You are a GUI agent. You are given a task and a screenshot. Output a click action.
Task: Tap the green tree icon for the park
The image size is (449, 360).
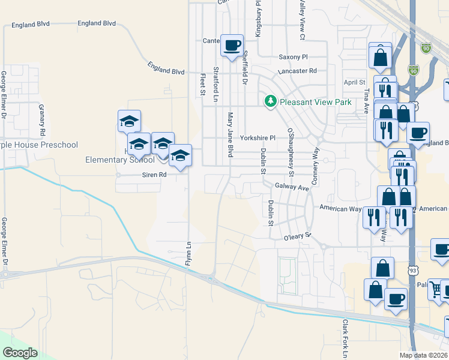(x=271, y=101)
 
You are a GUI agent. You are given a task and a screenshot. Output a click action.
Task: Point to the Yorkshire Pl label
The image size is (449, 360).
(x=257, y=137)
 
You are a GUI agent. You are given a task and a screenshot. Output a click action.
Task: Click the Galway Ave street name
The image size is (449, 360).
(x=292, y=187)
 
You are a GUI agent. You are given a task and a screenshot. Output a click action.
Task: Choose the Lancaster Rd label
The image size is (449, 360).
(x=297, y=71)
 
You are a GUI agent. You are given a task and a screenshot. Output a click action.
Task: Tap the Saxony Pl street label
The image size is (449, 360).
(x=293, y=57)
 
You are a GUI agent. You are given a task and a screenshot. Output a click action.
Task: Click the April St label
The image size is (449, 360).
(x=354, y=82)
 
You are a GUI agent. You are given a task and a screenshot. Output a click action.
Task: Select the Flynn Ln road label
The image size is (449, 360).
(x=188, y=254)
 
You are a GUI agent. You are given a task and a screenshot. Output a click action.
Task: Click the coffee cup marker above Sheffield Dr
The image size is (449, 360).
(x=232, y=45)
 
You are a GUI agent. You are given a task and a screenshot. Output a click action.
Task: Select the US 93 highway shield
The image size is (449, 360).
(x=412, y=271)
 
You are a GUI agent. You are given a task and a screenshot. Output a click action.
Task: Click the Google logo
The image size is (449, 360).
(x=20, y=353)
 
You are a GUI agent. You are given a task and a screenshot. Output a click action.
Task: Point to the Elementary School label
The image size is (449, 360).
(x=128, y=160)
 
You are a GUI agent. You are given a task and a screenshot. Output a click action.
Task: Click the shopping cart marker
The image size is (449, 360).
(x=437, y=290)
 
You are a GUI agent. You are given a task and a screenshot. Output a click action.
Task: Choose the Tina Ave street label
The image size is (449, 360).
(x=366, y=99)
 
